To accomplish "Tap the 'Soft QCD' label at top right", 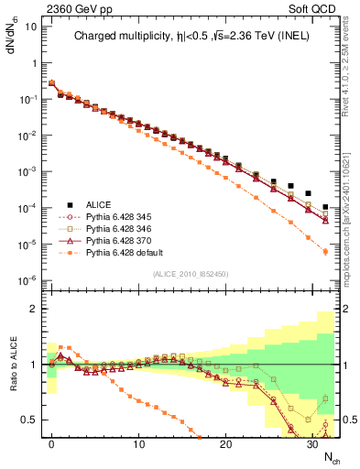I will tap(317, 9).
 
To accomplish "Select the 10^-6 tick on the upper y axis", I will tap(27, 280).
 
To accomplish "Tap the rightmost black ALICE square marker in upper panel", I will tap(325, 207).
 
